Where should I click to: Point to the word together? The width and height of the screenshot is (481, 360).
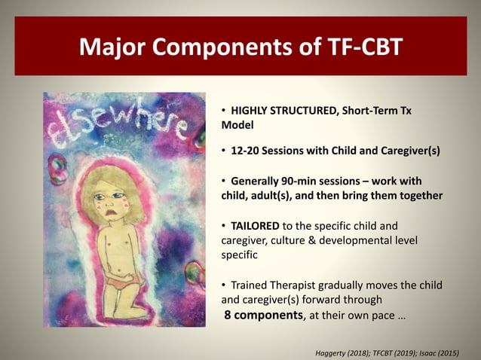415,195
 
